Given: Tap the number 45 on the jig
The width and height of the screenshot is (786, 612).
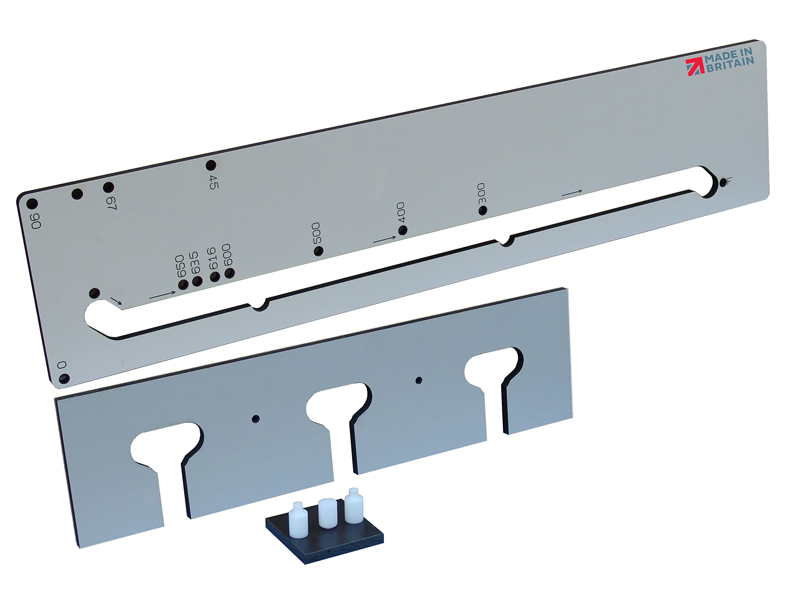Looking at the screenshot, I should click(213, 182).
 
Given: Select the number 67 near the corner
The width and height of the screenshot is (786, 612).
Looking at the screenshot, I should click(111, 203).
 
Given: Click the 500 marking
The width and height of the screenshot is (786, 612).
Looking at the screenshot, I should click(316, 233).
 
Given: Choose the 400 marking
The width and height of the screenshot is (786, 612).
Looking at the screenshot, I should click(401, 212).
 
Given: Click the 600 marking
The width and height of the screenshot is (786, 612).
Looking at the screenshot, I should click(227, 255).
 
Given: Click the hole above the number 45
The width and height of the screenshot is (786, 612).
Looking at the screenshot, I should click(211, 166).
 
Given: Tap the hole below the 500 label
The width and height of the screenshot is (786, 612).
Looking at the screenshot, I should click(318, 251).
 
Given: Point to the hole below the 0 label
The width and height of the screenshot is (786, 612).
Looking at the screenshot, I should click(64, 379).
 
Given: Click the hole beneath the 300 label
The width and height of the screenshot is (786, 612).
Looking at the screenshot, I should click(483, 210).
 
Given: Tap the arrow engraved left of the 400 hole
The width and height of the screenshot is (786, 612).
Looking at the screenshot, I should click(384, 240).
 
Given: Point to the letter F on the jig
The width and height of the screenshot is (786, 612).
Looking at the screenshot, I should click(729, 181).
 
